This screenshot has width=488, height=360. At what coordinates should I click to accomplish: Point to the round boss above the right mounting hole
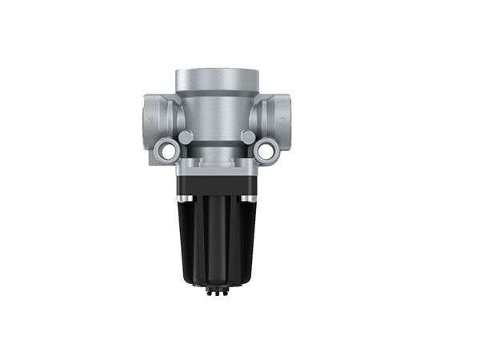pos(248,138)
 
